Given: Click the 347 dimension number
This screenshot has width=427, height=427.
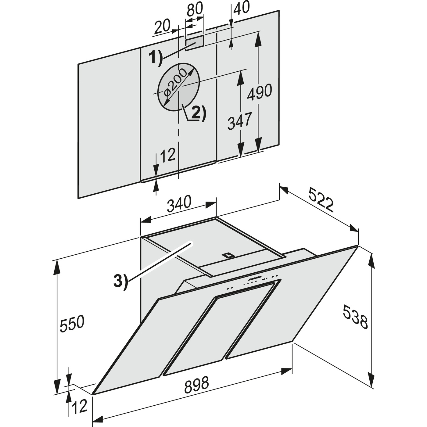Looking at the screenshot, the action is click(x=240, y=121).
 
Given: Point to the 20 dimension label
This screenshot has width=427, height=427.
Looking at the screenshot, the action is click(x=162, y=26).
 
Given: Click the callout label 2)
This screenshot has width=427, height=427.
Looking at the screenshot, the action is click(x=198, y=113).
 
